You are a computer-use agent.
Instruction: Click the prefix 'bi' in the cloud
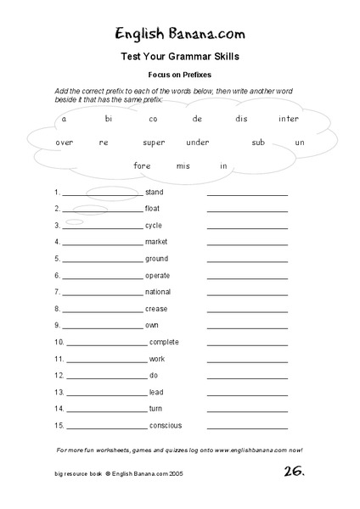coord(109,120)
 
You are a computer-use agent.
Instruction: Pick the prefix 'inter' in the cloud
coord(289,120)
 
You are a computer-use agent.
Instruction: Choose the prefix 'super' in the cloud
coord(154,143)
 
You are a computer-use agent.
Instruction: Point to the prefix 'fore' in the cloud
coord(142,165)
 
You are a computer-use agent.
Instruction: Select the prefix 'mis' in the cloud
coord(183,165)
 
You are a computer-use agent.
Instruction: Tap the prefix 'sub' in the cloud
coord(258,143)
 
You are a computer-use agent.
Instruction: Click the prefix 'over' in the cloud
coord(65,143)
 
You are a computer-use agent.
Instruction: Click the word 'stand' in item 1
coord(154,193)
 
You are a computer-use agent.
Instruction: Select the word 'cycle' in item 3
coord(154,226)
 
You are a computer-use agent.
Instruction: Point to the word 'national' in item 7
coord(158,292)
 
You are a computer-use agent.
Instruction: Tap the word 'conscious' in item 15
coord(166,425)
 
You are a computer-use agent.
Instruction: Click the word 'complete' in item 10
coord(164,342)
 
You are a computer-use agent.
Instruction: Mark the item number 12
coord(59,375)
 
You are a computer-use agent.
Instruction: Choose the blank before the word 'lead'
coord(105,394)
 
